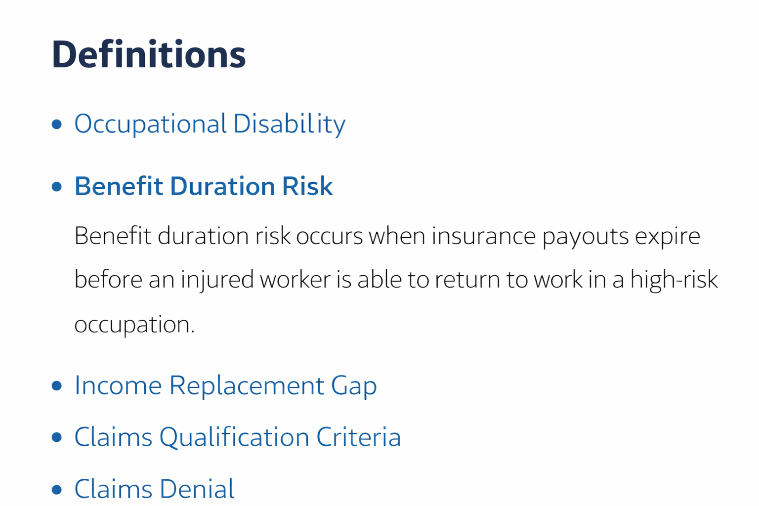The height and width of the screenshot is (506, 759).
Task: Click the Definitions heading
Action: click(x=149, y=54)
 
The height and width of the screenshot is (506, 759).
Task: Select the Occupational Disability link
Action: click(x=210, y=124)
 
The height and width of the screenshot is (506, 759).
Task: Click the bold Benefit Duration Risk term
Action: click(x=204, y=186)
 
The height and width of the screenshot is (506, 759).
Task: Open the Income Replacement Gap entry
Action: click(x=226, y=386)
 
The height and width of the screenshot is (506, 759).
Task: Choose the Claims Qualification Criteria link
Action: click(x=238, y=437)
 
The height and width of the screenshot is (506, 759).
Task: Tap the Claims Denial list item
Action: click(x=154, y=489)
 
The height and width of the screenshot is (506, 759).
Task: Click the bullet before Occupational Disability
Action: click(x=57, y=125)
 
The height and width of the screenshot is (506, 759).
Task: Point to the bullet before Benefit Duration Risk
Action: click(x=57, y=187)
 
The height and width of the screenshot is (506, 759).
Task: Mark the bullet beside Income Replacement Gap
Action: click(x=57, y=386)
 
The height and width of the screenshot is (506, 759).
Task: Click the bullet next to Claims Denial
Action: click(x=57, y=489)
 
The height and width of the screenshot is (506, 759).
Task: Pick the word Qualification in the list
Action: click(x=235, y=437)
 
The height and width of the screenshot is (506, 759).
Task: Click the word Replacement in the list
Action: click(x=247, y=386)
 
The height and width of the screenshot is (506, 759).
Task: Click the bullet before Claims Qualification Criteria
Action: click(x=57, y=437)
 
